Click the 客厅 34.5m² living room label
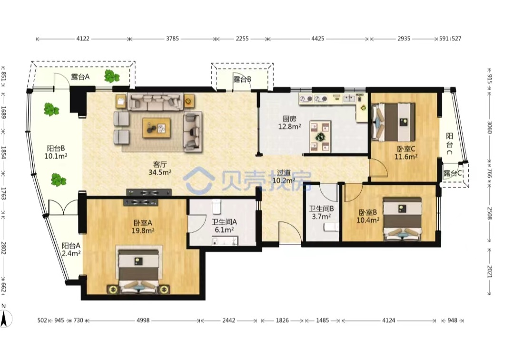159,168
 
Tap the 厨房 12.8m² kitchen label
289,123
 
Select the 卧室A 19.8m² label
143,227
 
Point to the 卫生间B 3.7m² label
321,212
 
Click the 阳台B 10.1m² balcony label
56,152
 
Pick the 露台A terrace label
80,77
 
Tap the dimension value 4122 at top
83,39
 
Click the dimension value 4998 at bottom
143,320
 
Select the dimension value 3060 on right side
489,127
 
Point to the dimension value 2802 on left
3,248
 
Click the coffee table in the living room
157,128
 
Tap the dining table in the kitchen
320,136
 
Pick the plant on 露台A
112,76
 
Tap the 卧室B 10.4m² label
368,216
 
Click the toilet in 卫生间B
331,227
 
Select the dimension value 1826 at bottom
282,320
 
